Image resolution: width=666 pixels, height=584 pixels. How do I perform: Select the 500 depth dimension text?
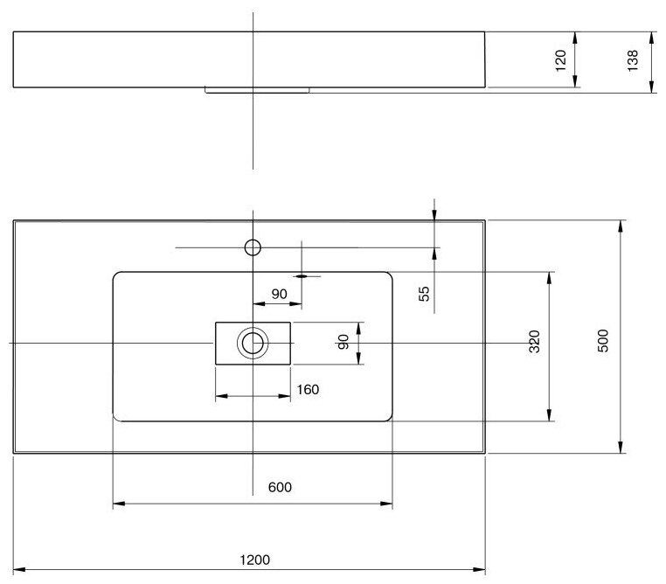tap(602, 339)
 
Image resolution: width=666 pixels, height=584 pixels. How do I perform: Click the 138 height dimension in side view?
tap(634, 59)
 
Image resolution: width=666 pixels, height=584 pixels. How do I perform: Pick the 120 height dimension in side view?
tap(561, 59)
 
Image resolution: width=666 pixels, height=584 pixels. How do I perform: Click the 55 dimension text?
tap(425, 293)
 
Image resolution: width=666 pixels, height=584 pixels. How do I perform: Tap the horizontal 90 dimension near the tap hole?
tap(279, 294)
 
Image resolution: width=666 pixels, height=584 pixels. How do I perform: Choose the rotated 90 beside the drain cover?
tap(343, 342)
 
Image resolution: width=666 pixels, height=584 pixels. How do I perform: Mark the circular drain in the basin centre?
tap(253, 343)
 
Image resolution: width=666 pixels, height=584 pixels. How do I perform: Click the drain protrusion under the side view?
tap(259, 89)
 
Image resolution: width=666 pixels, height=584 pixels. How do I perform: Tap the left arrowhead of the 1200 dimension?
tap(17, 568)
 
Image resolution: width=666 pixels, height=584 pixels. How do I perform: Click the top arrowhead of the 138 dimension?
tap(651, 36)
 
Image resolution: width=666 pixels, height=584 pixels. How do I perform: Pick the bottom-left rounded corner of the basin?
tap(118, 416)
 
